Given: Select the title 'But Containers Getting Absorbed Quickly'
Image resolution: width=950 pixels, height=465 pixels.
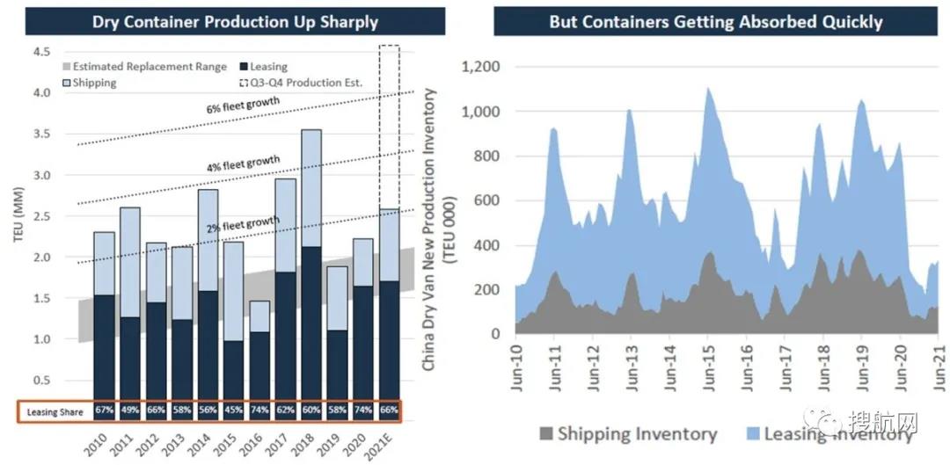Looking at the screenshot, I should (715, 21).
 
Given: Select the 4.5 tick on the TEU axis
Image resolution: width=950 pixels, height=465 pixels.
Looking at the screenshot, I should (40, 52).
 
